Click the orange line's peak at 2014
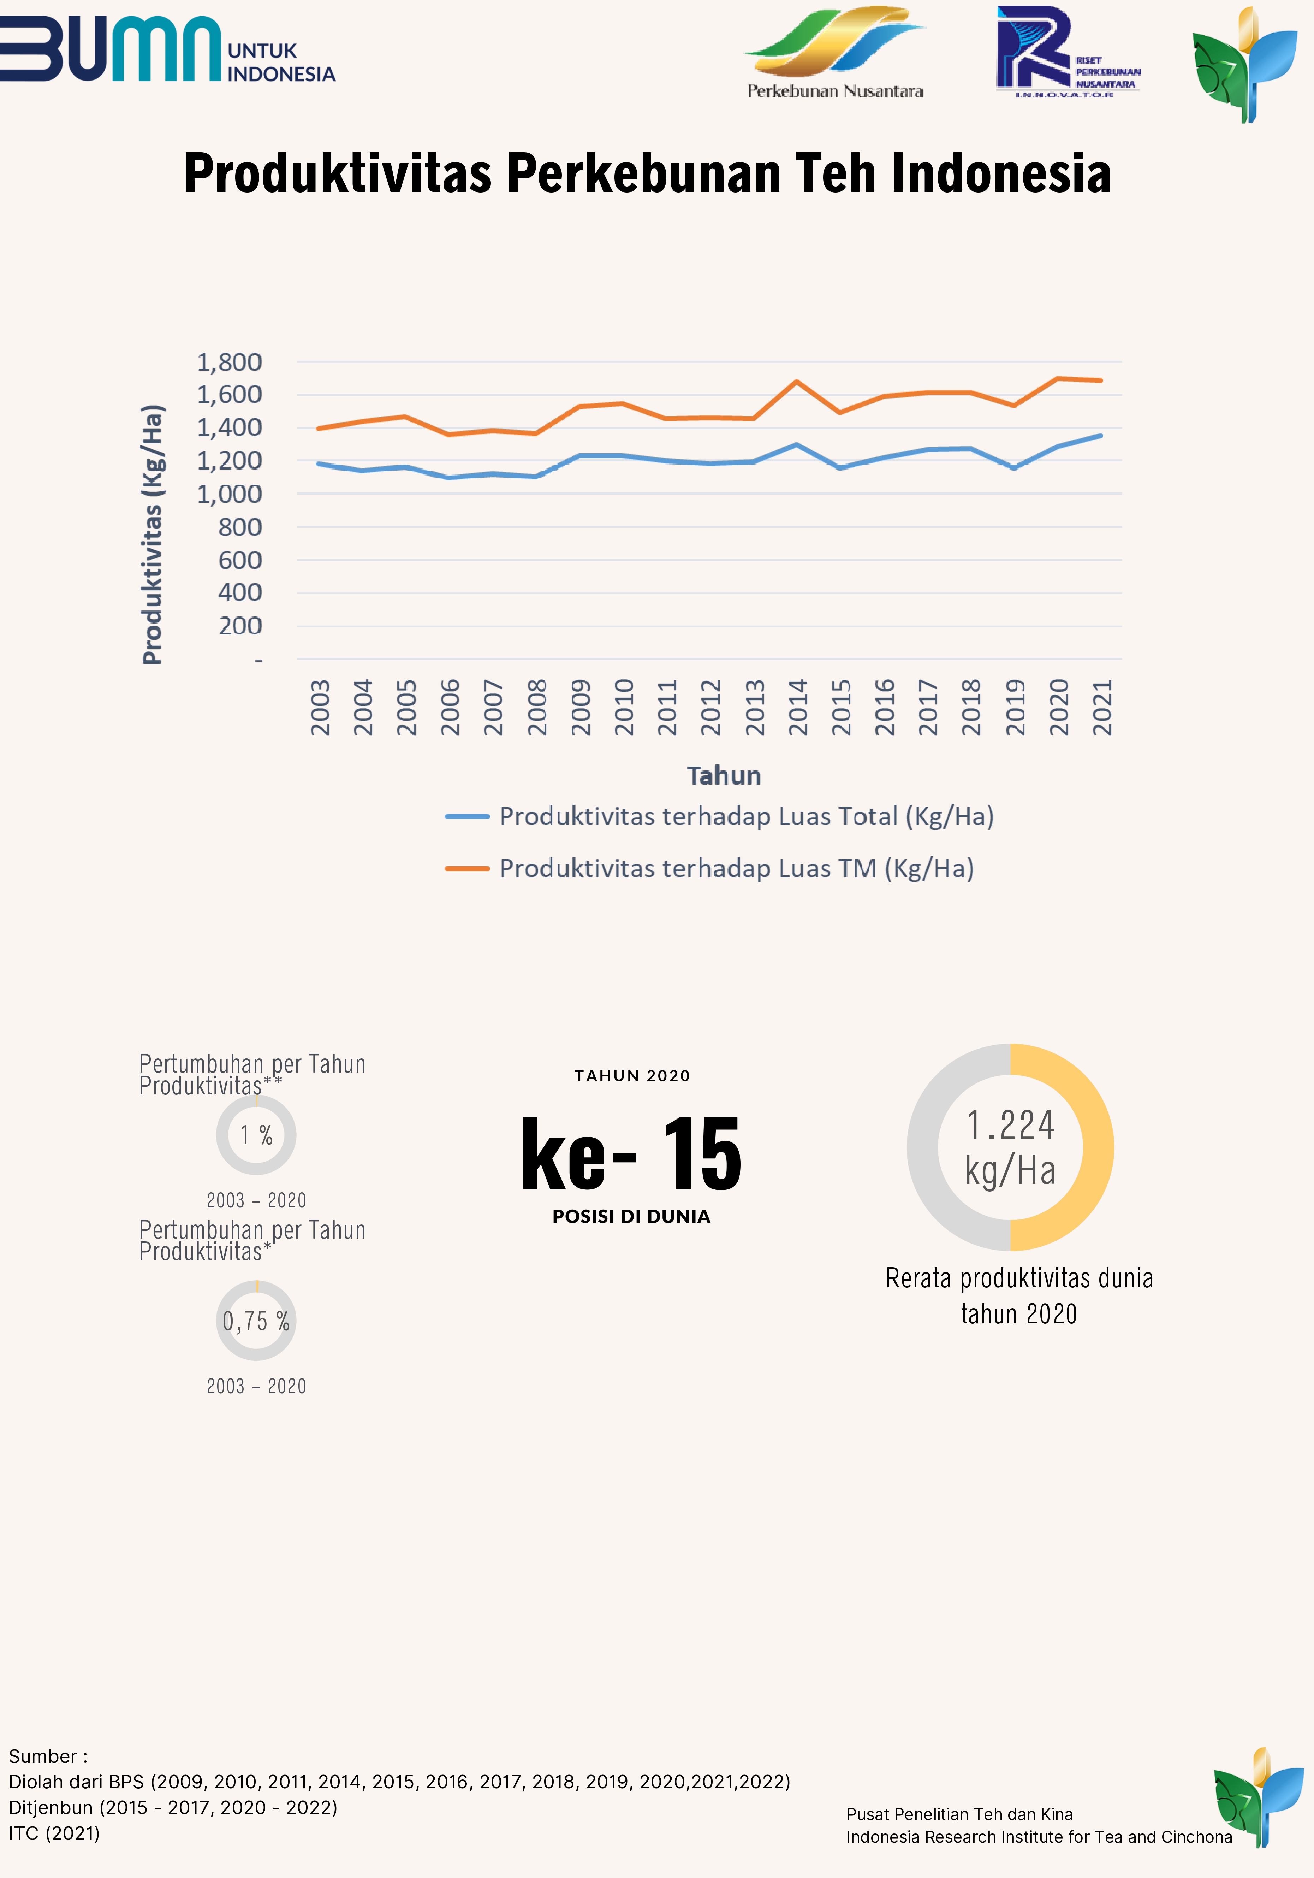pos(797,381)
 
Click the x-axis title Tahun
pos(724,775)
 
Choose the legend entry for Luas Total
pos(720,816)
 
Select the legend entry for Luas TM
pos(710,869)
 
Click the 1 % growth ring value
pos(256,1135)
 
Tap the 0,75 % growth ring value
pos(256,1321)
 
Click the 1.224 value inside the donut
pos(1011,1126)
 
